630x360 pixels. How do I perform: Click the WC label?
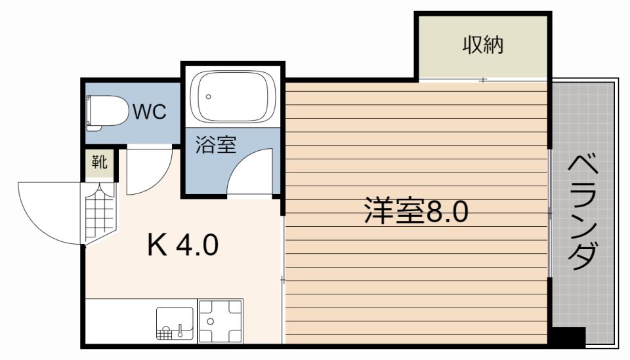[x=150, y=112]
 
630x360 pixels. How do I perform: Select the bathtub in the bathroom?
[x=233, y=97]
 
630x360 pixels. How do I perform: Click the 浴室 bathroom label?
[x=216, y=144]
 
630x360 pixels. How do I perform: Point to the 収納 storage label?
[x=483, y=45]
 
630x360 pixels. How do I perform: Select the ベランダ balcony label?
[x=583, y=212]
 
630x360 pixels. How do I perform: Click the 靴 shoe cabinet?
[x=99, y=165]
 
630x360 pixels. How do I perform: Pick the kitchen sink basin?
[x=175, y=323]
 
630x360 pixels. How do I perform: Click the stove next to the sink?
[x=221, y=321]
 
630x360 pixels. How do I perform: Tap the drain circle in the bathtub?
[x=208, y=97]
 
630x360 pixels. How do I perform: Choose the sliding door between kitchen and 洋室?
[x=283, y=279]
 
